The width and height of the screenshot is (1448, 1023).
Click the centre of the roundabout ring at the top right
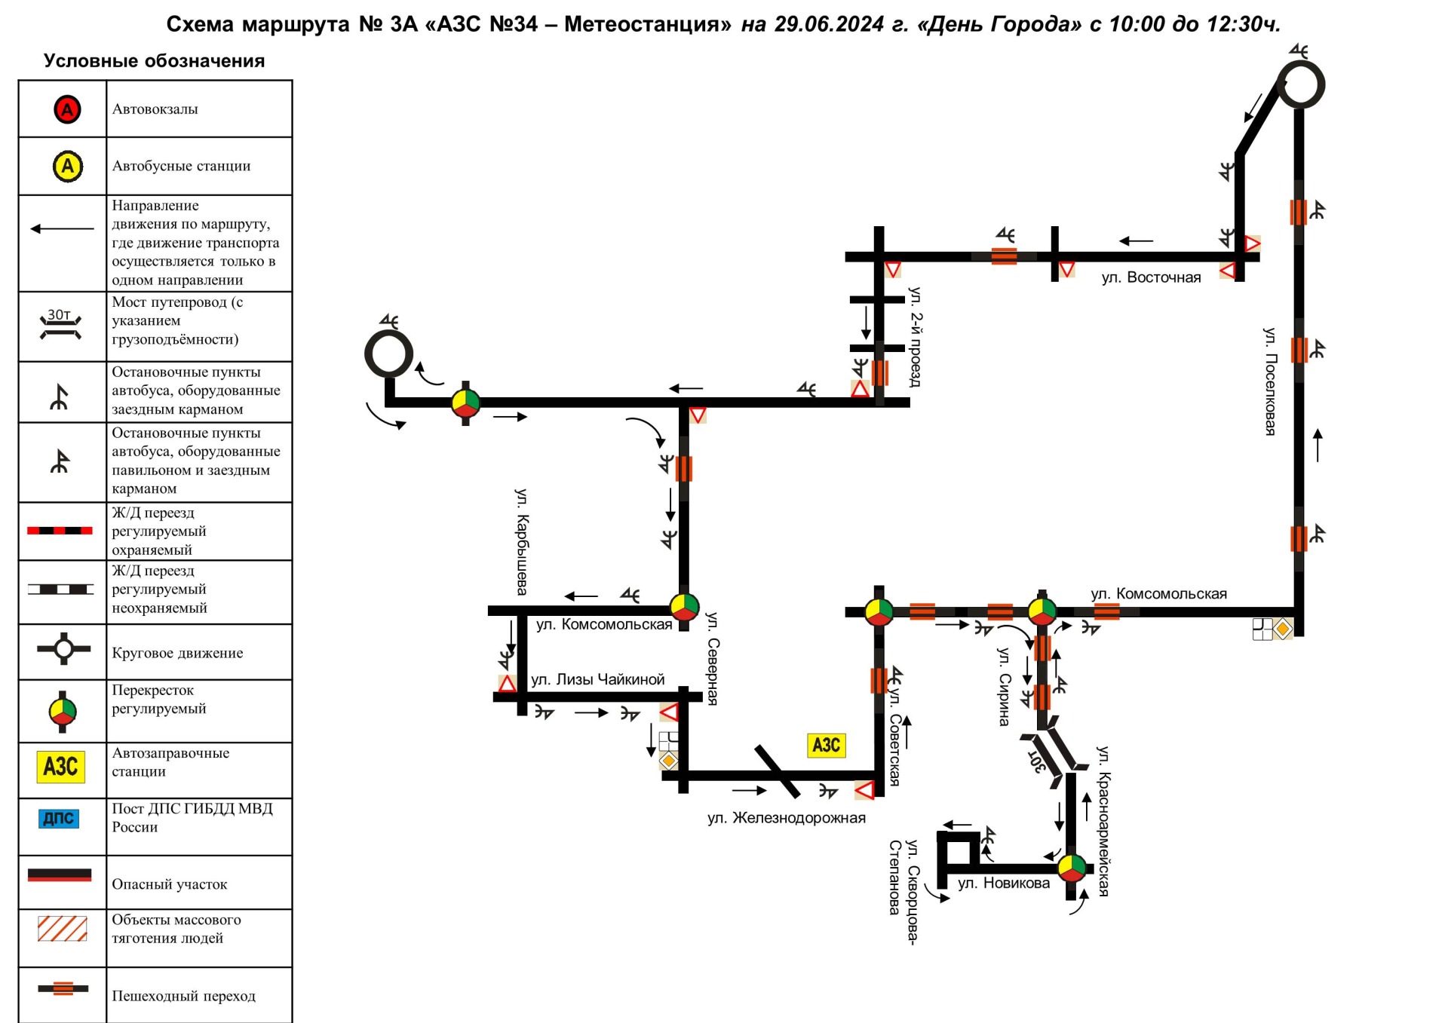coord(1300,84)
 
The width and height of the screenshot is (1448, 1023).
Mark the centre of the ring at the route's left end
coord(388,354)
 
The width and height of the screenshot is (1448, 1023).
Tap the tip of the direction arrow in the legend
coord(31,228)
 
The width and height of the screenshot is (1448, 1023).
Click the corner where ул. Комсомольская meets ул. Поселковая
coord(1299,611)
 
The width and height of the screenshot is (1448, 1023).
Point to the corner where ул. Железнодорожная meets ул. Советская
coord(879,775)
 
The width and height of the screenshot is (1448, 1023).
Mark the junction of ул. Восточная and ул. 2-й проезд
coord(879,256)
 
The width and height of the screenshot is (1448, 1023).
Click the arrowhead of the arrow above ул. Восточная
coord(1121,241)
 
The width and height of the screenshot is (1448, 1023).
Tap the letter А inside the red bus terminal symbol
coord(67,110)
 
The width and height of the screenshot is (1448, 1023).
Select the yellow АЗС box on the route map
coord(827,746)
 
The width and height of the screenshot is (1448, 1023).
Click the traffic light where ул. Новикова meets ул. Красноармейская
coord(1071,868)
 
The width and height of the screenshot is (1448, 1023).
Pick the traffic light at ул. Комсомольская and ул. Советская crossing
coord(879,611)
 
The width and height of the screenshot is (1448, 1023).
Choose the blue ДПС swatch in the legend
coord(59,819)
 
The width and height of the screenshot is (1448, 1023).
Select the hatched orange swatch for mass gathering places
coord(63,928)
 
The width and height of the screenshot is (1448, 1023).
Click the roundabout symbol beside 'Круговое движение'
coord(63,648)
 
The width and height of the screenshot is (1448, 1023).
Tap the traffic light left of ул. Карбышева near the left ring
coord(465,403)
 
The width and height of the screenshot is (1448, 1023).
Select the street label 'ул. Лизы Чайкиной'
coord(597,679)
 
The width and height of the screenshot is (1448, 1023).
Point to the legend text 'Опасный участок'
coord(170,884)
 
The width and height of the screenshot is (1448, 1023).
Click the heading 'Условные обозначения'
coord(154,61)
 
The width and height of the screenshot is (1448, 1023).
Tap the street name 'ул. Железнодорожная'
coord(787,818)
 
